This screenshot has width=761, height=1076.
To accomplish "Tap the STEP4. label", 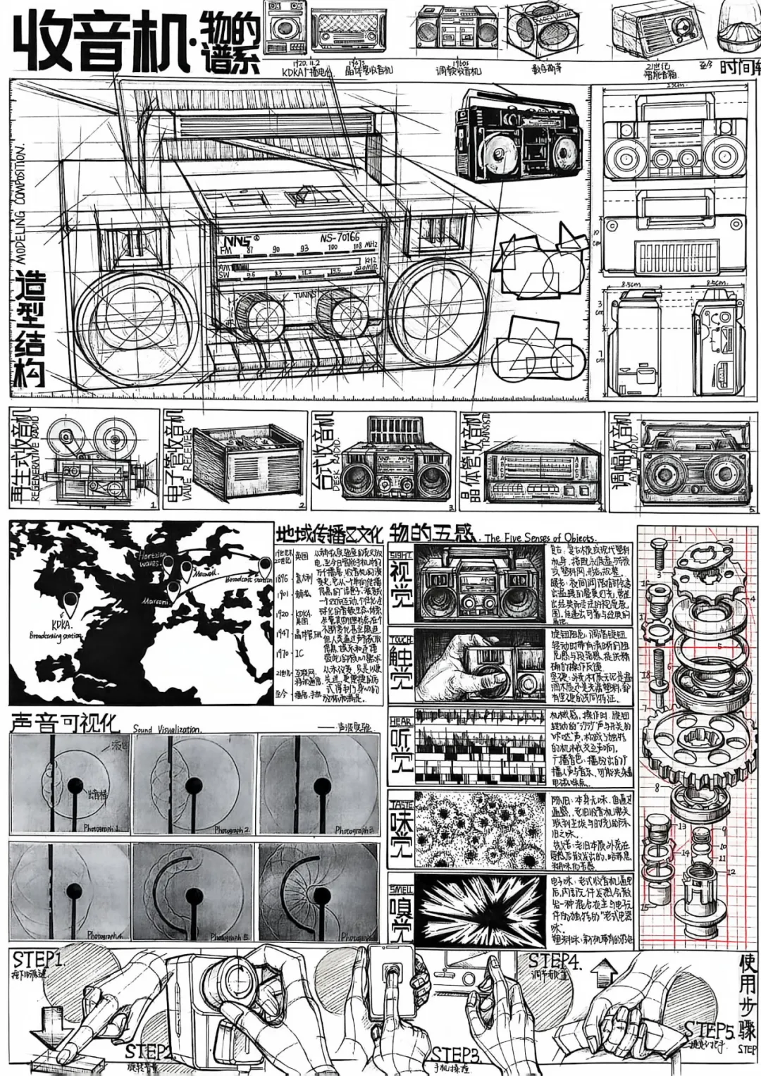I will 555,960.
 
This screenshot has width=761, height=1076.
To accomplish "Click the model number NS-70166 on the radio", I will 339,237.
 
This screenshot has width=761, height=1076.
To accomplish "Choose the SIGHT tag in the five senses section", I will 401,555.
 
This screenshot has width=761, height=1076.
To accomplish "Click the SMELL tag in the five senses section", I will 401,880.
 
